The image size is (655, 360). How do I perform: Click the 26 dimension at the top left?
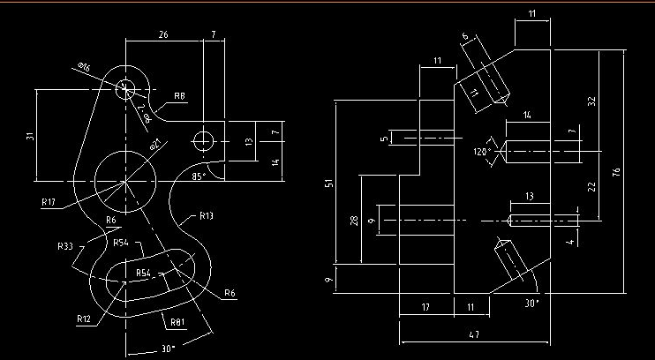point(163,34)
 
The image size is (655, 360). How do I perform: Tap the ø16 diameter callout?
point(85,68)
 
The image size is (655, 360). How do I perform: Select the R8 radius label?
point(179,95)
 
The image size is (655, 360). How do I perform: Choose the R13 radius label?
point(206,215)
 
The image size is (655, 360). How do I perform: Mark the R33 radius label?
point(64,245)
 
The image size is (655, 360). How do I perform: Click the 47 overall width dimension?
point(474,335)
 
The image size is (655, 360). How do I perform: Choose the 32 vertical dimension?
point(591,101)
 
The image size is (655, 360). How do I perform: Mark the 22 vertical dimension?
point(591,185)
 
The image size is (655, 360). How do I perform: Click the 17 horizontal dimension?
point(425,307)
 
